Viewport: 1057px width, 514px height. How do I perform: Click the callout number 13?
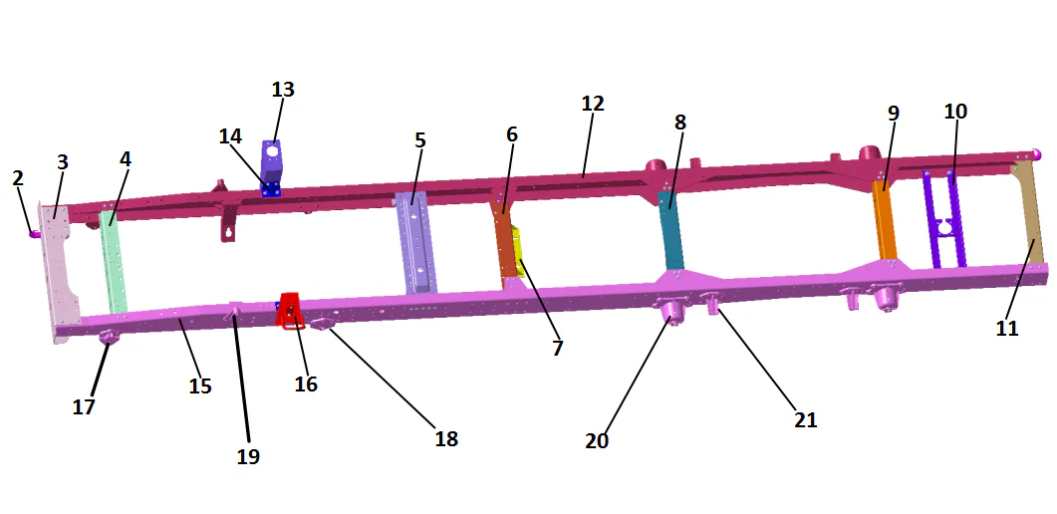(283, 90)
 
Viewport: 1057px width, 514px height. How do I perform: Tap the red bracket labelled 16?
(291, 311)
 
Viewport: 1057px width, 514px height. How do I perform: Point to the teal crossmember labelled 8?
(670, 230)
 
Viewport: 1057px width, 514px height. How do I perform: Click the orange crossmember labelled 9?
(885, 219)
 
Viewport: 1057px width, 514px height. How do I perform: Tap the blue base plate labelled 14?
(271, 189)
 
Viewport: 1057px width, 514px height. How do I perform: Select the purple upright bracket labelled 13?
(272, 161)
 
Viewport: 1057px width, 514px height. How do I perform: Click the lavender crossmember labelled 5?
(415, 242)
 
